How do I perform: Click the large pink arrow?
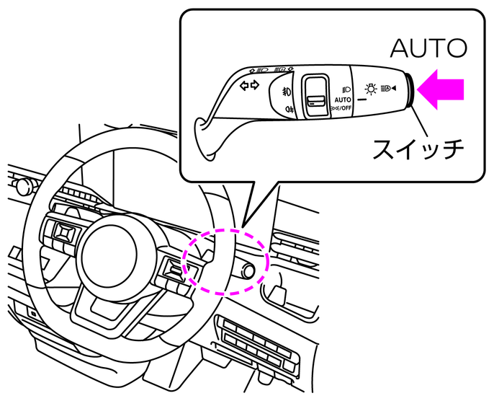pos(441,89)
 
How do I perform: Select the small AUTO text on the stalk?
pos(342,99)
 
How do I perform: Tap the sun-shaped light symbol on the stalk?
pos(370,89)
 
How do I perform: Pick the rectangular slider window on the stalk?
pos(314,93)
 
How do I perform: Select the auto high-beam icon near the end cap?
pos(389,89)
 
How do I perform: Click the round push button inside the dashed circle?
pos(249,271)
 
